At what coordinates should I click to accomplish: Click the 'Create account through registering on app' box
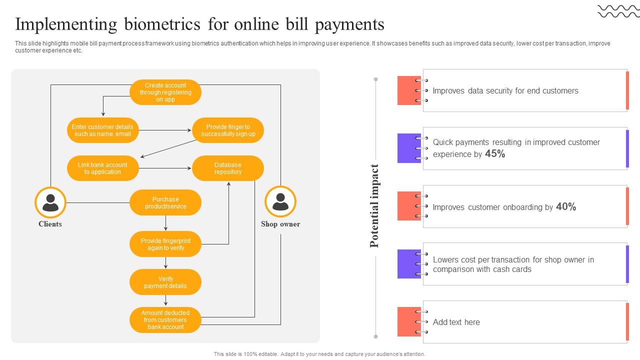click(165, 92)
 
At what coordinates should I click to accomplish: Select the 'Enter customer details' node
click(102, 130)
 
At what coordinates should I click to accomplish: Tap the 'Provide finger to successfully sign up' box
click(228, 130)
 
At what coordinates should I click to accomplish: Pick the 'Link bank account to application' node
click(102, 168)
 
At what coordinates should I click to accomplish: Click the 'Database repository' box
click(228, 168)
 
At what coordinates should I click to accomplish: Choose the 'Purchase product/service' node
click(165, 203)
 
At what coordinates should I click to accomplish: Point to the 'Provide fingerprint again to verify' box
click(165, 244)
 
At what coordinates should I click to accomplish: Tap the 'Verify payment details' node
click(165, 282)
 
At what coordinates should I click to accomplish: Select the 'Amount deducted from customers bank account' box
click(165, 320)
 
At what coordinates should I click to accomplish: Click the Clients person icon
click(50, 202)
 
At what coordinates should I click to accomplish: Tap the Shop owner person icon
click(280, 201)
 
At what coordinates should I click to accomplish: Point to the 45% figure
click(495, 154)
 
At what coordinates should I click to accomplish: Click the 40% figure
click(566, 206)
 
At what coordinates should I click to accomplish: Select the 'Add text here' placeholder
click(456, 322)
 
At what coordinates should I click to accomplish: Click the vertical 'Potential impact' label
click(374, 206)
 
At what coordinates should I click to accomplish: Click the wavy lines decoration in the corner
click(618, 11)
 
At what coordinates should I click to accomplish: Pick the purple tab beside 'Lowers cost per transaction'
click(409, 264)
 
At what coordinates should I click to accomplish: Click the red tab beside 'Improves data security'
click(409, 90)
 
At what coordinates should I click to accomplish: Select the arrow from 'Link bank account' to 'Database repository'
click(165, 168)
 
